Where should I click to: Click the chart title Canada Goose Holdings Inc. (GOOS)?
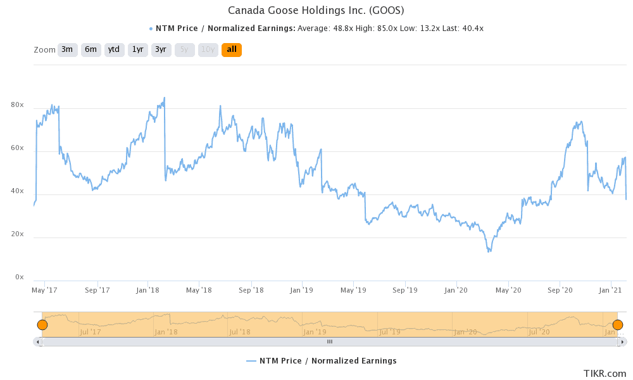click(x=316, y=10)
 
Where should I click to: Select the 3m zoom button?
click(x=67, y=49)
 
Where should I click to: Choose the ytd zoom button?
click(x=114, y=49)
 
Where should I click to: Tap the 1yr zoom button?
click(x=137, y=49)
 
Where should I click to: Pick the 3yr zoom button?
click(x=161, y=49)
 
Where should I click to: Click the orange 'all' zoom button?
click(x=232, y=49)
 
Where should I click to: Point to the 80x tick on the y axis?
click(x=17, y=105)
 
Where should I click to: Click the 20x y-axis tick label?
click(x=17, y=234)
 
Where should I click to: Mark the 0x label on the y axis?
click(x=20, y=277)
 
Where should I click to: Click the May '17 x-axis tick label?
click(x=44, y=290)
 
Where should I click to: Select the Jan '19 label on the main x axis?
click(x=302, y=290)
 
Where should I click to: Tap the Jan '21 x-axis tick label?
click(x=611, y=290)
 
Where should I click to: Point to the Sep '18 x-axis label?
click(x=251, y=290)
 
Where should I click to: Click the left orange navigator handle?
click(x=42, y=325)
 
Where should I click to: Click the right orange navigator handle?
click(x=618, y=325)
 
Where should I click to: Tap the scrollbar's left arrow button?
click(x=38, y=341)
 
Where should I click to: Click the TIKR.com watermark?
click(x=605, y=374)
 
